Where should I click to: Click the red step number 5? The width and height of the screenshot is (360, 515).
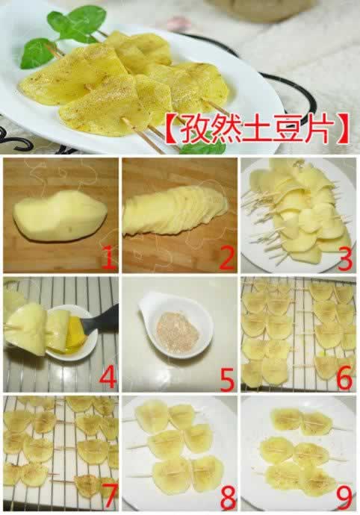tap(228, 378)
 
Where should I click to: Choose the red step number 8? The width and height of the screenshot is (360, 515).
tap(228, 496)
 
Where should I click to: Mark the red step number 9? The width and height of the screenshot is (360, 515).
tap(344, 496)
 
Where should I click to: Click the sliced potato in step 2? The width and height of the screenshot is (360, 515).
tap(176, 210)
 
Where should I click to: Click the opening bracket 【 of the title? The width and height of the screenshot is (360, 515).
tap(170, 128)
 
